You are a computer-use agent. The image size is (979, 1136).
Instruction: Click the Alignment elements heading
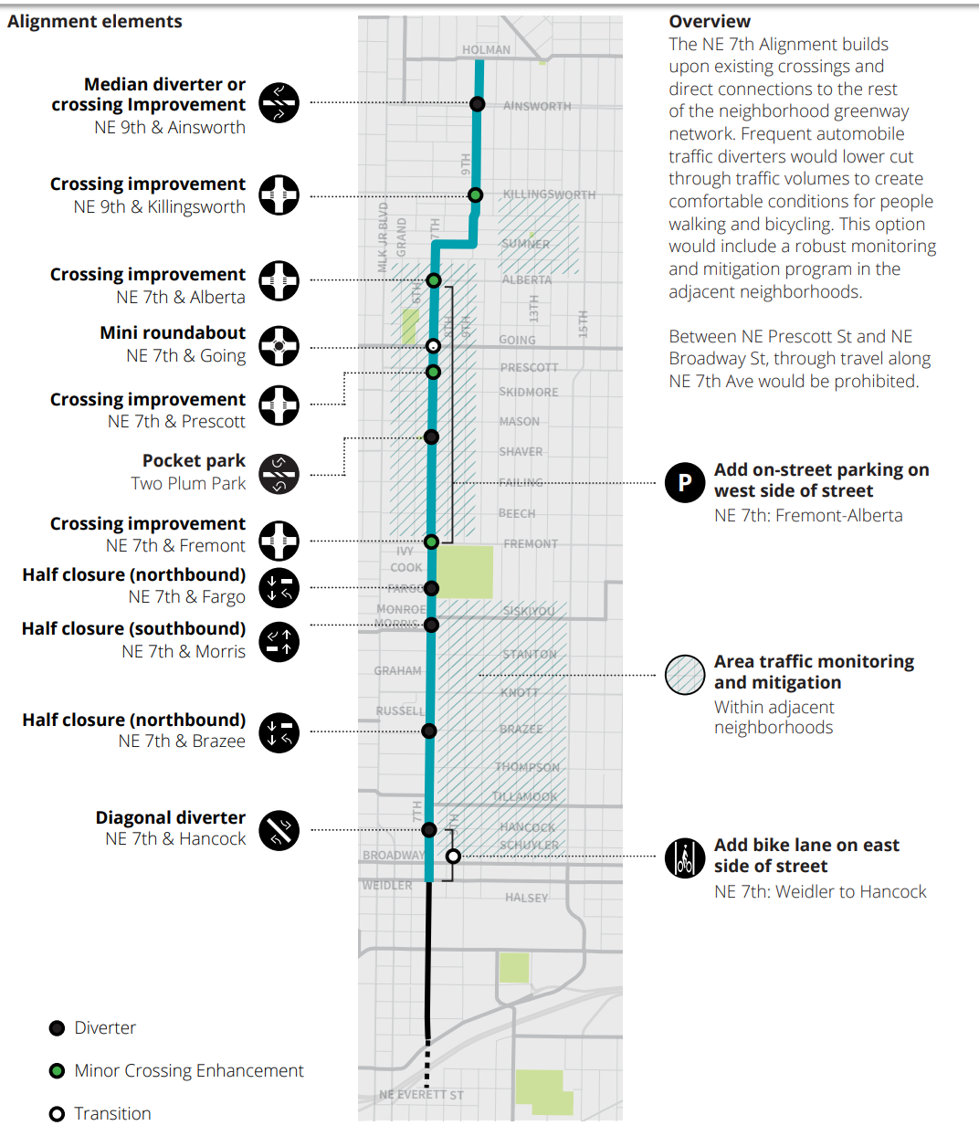[95, 21]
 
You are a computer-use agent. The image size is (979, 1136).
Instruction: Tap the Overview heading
[710, 21]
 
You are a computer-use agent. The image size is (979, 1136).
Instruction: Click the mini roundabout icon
[279, 346]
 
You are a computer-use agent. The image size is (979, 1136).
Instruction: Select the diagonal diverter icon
[279, 830]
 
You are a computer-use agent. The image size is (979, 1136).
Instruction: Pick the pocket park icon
[279, 474]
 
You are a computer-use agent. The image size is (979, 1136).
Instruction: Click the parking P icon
[685, 482]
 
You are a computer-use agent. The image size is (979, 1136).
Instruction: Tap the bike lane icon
[685, 858]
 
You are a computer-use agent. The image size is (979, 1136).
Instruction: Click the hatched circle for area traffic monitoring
[685, 675]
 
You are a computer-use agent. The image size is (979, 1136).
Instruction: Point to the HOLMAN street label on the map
[486, 50]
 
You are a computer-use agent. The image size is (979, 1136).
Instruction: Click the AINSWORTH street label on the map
[537, 106]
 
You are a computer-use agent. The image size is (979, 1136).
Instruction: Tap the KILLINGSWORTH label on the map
[549, 195]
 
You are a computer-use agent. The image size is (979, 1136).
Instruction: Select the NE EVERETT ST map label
[421, 1095]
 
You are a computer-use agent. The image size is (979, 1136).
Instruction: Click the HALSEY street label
[527, 898]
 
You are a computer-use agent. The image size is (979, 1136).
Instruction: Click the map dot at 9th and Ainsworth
[478, 104]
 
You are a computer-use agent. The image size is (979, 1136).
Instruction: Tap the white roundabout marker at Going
[434, 346]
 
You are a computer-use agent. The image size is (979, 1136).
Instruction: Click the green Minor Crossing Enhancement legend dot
[57, 1070]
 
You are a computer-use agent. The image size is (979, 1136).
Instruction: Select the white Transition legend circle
[57, 1114]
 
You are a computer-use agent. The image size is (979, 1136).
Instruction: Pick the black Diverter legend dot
[57, 1028]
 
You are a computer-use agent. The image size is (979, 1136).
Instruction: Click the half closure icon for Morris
[279, 641]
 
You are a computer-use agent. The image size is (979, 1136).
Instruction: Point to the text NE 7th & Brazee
[182, 742]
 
